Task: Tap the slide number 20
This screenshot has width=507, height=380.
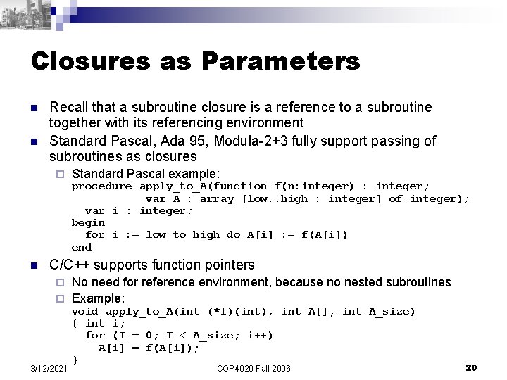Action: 472,367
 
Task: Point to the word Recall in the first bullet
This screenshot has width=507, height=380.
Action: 68,108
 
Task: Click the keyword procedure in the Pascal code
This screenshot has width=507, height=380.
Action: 101,186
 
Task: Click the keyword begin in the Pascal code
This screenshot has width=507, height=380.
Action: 88,222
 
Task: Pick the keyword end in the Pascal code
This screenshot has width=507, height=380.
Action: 82,247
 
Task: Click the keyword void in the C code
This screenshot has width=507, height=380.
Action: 85,310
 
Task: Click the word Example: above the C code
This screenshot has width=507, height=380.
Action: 99,297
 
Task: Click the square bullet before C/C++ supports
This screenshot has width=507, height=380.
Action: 34,265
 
